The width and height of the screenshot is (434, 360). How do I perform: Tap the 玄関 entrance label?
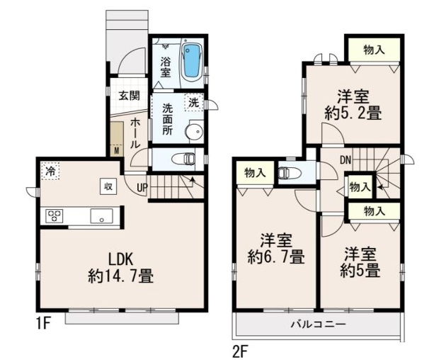click(x=130, y=96)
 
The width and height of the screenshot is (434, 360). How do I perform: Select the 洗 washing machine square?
click(x=194, y=103)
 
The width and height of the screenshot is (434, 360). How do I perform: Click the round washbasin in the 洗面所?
click(x=193, y=131)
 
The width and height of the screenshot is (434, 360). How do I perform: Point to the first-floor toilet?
click(x=183, y=159)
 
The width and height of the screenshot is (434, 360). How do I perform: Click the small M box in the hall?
click(x=117, y=150)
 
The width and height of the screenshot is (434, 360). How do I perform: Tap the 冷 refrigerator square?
click(x=50, y=171)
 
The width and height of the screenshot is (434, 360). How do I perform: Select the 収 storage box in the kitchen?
click(x=108, y=186)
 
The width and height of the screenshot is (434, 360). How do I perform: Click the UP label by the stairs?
click(x=142, y=189)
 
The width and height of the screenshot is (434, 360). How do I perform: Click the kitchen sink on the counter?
click(x=101, y=216)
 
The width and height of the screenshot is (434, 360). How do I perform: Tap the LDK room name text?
click(x=120, y=260)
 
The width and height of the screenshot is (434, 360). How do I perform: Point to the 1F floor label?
click(x=43, y=324)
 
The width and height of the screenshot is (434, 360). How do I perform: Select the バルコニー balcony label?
click(x=318, y=325)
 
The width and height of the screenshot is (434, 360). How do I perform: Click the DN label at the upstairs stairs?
click(x=346, y=160)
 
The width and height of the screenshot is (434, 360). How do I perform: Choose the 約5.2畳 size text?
click(x=353, y=113)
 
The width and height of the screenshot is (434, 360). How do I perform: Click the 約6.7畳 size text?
click(x=276, y=257)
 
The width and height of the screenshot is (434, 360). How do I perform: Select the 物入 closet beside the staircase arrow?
click(x=360, y=187)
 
